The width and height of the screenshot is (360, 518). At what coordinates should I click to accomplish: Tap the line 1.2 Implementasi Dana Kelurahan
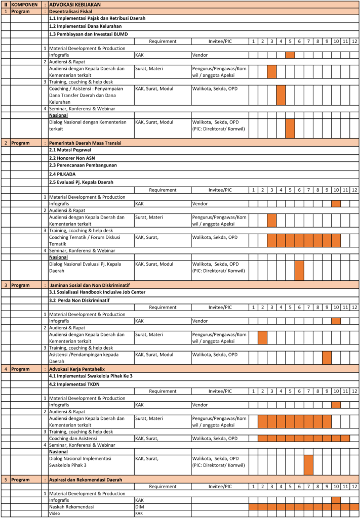[85, 26]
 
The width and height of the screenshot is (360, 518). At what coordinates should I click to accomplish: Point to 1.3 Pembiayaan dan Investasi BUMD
[88, 34]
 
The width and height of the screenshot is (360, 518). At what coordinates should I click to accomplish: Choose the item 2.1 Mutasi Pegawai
[70, 150]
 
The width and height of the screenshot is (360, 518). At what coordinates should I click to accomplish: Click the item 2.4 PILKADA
[63, 174]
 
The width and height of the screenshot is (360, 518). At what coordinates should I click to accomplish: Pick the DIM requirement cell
[140, 506]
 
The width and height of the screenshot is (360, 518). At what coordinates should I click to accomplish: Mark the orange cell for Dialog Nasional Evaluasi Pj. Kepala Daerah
[299, 271]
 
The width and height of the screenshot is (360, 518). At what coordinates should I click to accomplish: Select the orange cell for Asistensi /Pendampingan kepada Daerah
[327, 358]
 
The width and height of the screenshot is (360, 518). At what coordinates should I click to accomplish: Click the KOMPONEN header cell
[26, 4]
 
